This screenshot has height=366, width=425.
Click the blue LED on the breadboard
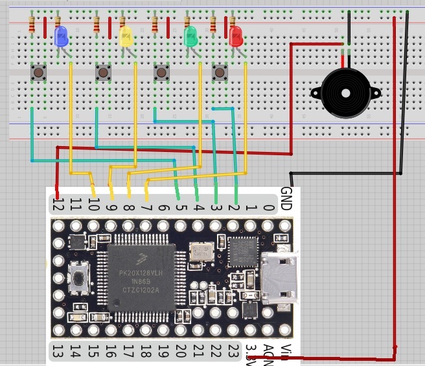point(62,36)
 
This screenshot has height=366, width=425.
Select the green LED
point(190,36)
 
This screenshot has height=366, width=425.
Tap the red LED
point(235,36)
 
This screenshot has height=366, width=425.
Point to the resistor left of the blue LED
point(32,26)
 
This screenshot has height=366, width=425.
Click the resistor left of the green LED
point(155,25)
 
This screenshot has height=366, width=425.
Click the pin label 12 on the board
point(57,206)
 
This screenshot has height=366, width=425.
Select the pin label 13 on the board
point(57,352)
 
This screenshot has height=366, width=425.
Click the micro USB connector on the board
point(279,278)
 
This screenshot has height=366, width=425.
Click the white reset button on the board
point(79,279)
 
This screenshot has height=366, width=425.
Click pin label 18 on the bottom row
point(145,352)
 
